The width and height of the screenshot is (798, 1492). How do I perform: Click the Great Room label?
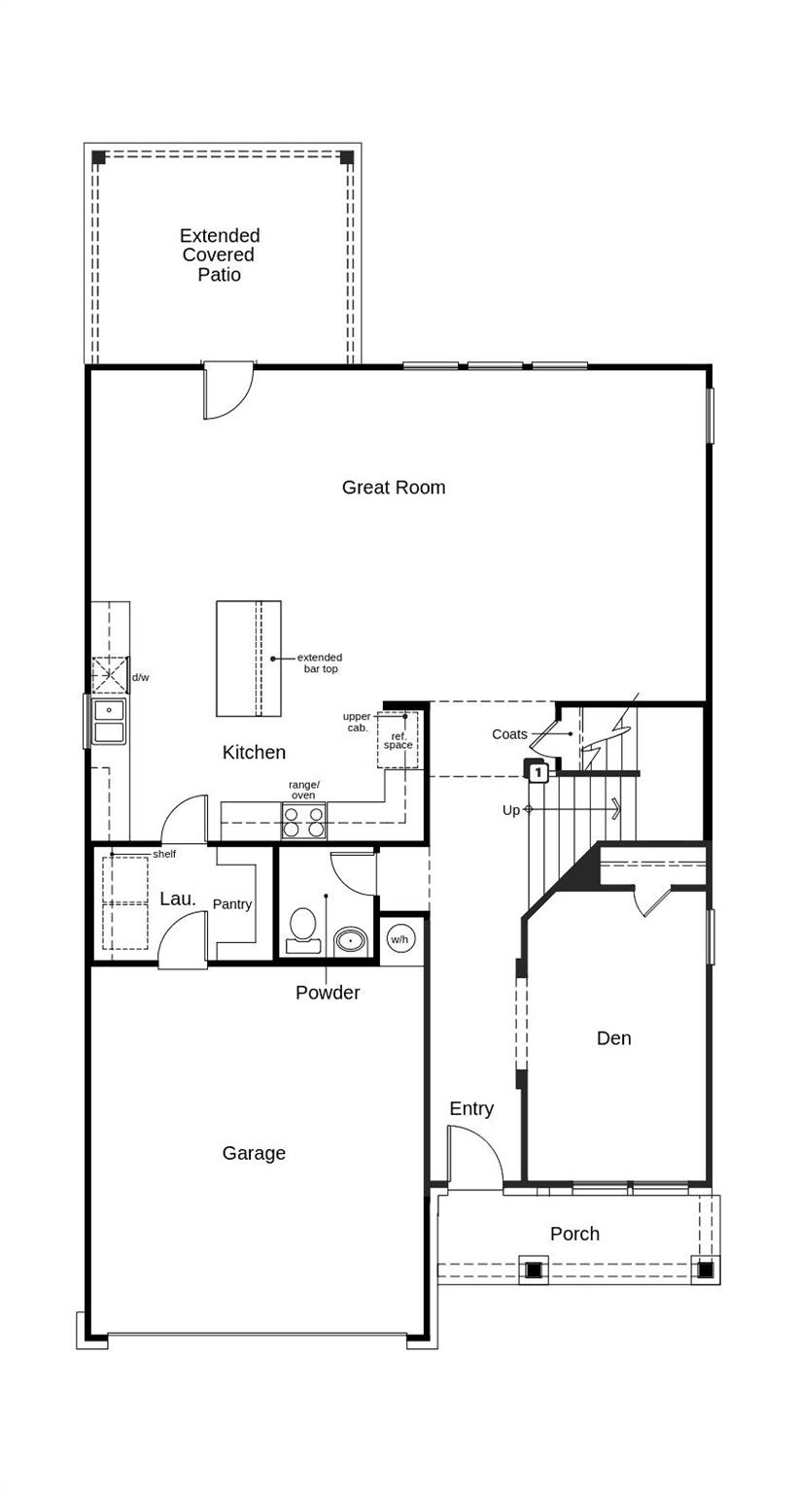[x=393, y=488]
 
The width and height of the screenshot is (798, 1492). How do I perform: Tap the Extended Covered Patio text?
[x=220, y=254]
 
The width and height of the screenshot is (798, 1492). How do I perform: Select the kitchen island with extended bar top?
[x=249, y=659]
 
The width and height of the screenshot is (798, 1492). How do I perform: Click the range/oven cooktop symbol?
[x=303, y=821]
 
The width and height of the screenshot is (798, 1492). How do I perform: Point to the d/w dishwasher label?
[x=141, y=677]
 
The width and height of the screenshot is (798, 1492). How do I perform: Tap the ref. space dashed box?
[x=398, y=740]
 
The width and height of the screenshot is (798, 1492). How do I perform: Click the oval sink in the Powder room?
[x=350, y=940]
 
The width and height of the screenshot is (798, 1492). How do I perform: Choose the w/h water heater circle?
[x=399, y=939]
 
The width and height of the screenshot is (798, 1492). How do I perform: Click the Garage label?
[x=254, y=1153]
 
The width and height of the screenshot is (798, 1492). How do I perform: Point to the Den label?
[x=613, y=1038]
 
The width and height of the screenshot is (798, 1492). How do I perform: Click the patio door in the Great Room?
[x=227, y=390]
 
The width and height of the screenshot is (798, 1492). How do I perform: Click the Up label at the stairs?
[x=511, y=810]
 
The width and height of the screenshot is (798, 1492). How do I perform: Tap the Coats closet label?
[x=509, y=734]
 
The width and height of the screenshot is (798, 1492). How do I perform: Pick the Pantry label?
[x=232, y=904]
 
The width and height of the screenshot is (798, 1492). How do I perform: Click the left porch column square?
[x=534, y=1270]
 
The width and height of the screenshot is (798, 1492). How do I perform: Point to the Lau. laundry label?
[x=178, y=899]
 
